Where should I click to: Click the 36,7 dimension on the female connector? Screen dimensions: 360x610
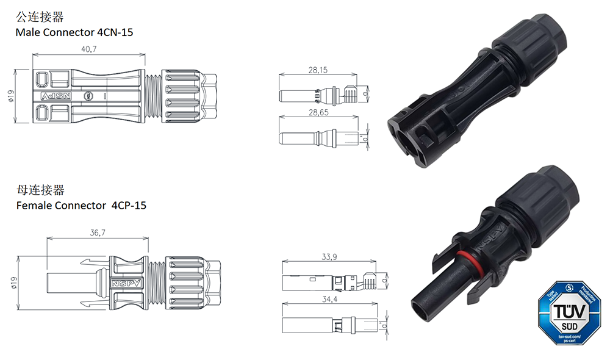(97, 232)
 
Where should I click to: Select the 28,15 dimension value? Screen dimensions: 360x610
(317, 70)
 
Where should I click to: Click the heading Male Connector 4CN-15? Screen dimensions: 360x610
(74, 32)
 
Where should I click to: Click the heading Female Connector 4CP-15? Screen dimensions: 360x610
(81, 206)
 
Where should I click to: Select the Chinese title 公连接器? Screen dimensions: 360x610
(39, 16)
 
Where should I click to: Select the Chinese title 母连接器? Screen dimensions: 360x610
(40, 190)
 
